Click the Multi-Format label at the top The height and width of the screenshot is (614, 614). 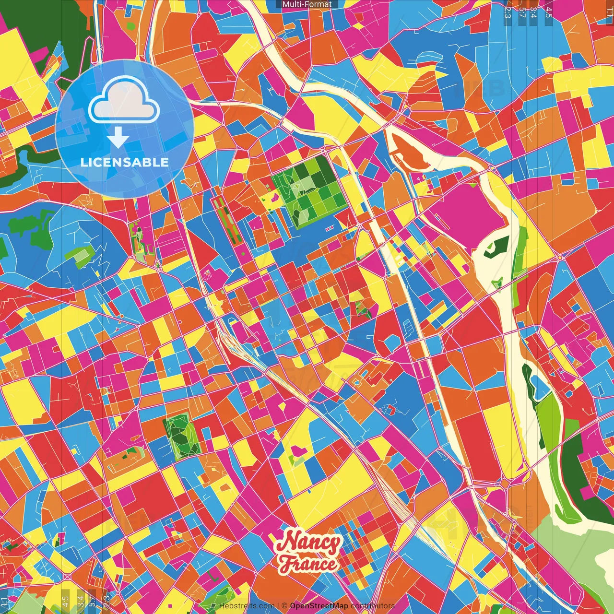coord(307,4)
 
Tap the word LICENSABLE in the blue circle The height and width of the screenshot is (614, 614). coord(125,162)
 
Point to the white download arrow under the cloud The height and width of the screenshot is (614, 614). coord(118,138)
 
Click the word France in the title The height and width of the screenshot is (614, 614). coord(308,563)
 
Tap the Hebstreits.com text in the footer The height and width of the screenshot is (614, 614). coord(247,606)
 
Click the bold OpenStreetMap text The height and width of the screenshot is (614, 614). coord(319,606)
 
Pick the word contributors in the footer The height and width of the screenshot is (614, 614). coord(372,606)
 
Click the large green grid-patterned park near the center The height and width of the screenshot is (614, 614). coord(309,192)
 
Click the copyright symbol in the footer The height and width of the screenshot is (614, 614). coord(284,606)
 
